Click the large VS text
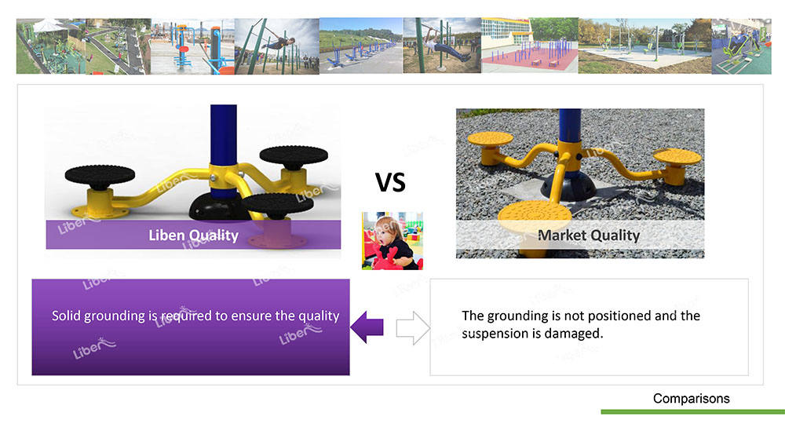click(390, 182)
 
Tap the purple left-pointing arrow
click(367, 327)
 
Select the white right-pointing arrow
click(413, 328)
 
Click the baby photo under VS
click(392, 241)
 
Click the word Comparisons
click(691, 399)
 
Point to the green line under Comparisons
click(693, 412)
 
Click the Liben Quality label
click(193, 236)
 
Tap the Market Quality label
click(589, 236)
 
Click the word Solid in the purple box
click(66, 316)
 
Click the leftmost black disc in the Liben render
click(100, 175)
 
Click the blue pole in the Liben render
click(223, 135)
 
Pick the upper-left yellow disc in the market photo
click(490, 138)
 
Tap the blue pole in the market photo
click(570, 125)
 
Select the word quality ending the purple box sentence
click(319, 316)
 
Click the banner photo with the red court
click(530, 46)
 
